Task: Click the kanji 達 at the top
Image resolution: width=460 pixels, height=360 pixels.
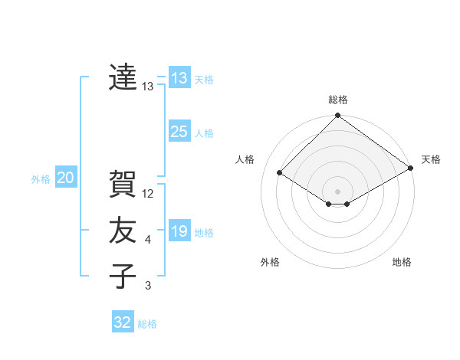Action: [x=123, y=77]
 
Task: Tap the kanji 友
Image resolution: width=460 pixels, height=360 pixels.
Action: [x=123, y=230]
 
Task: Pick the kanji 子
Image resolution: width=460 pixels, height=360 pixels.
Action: [x=123, y=276]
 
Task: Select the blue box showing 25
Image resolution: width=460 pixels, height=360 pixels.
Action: [x=179, y=131]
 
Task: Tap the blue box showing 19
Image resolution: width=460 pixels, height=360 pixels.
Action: [x=179, y=231]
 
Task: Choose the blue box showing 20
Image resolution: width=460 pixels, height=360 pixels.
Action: [x=65, y=178]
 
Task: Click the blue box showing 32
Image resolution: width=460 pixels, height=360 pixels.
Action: [x=123, y=322]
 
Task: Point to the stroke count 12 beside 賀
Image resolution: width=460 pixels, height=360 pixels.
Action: [x=149, y=194]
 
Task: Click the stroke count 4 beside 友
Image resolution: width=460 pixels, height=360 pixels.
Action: [x=148, y=241]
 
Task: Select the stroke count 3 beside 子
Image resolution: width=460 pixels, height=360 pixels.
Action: [x=148, y=286]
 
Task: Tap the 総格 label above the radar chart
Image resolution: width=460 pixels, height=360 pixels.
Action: [x=338, y=100]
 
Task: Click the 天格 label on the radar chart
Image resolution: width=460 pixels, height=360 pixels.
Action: [x=431, y=159]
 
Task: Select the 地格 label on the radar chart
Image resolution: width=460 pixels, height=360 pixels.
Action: [x=402, y=262]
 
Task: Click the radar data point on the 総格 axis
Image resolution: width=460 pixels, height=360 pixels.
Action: [x=337, y=116]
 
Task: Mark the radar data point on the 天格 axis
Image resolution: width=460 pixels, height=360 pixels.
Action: [x=411, y=168]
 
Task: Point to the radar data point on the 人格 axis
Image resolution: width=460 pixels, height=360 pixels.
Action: [x=280, y=173]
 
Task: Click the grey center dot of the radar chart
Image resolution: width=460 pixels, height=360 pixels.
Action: [x=337, y=191]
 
